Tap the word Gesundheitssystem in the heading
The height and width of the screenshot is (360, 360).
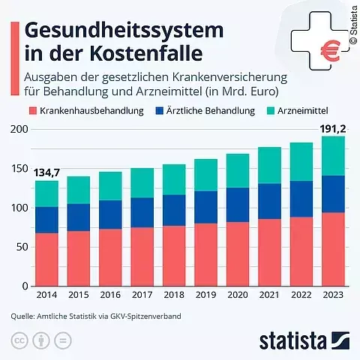(124, 30)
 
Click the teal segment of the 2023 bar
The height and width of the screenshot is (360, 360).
(329, 156)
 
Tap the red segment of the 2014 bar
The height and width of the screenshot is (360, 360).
(46, 259)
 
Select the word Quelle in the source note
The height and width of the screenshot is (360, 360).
(22, 316)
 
